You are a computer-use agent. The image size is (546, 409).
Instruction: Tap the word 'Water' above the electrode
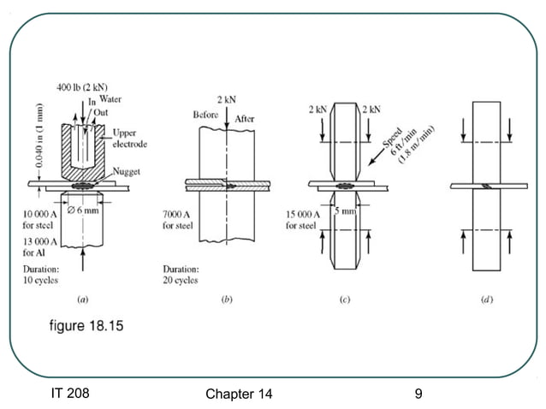click(x=110, y=100)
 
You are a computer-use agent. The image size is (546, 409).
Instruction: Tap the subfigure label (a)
click(x=81, y=300)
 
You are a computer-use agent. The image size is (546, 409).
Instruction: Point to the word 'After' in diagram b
click(x=246, y=119)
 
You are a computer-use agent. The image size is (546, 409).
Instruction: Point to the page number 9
click(x=418, y=394)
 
